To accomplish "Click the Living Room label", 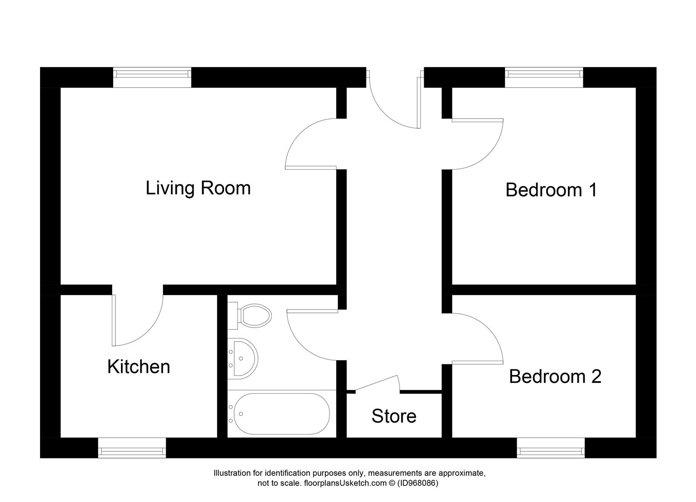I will tap(198, 188).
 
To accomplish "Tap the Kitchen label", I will tap(139, 367).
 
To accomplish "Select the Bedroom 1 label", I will tap(551, 190).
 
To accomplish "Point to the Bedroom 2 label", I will tap(555, 376).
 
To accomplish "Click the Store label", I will tap(394, 416).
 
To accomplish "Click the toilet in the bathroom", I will tap(254, 315).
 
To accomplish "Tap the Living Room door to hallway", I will tap(307, 144).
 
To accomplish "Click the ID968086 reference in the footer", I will tap(417, 483).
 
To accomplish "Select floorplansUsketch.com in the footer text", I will tap(345, 483).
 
